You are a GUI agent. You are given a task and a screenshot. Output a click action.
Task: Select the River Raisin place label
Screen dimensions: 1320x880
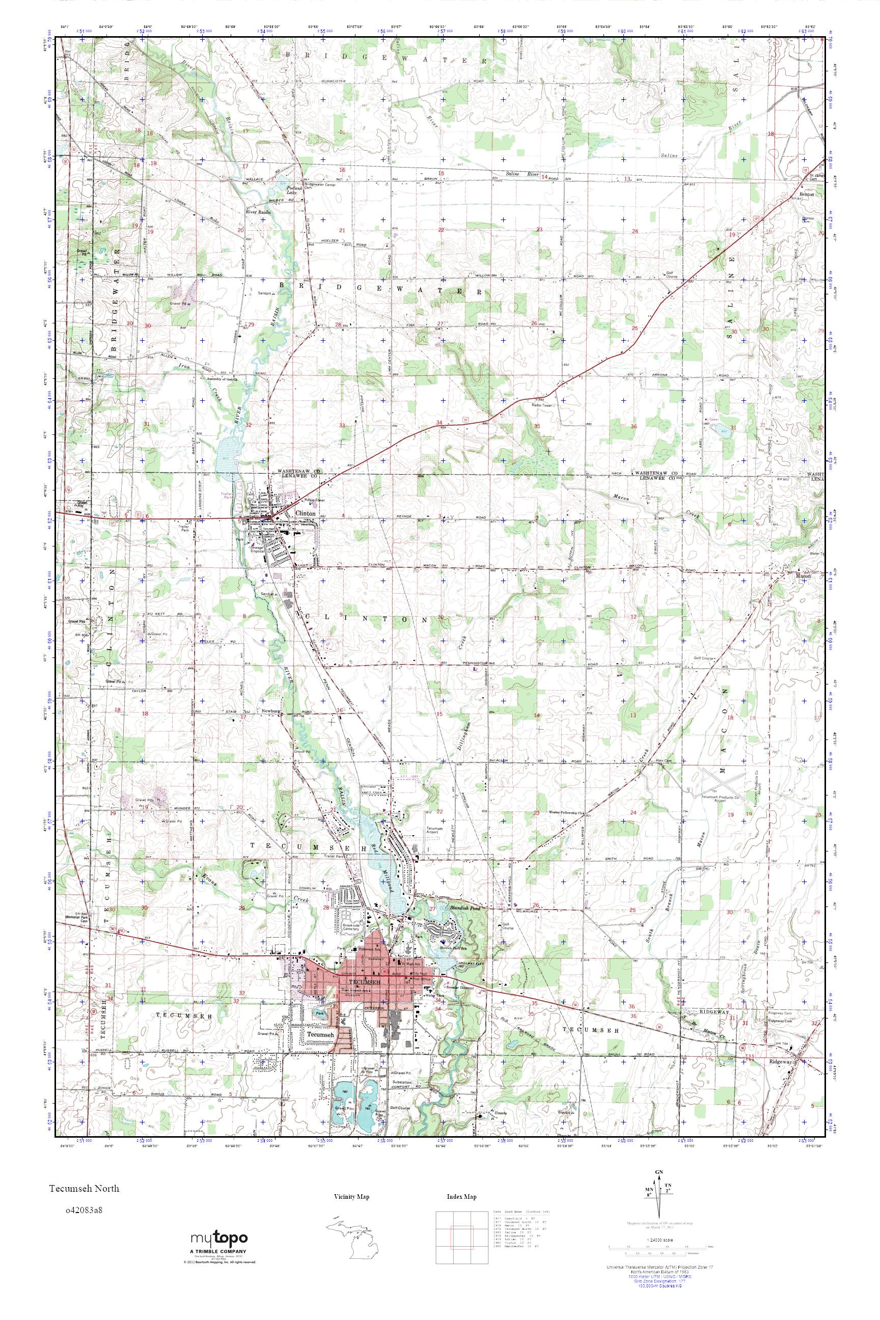click(x=258, y=213)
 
